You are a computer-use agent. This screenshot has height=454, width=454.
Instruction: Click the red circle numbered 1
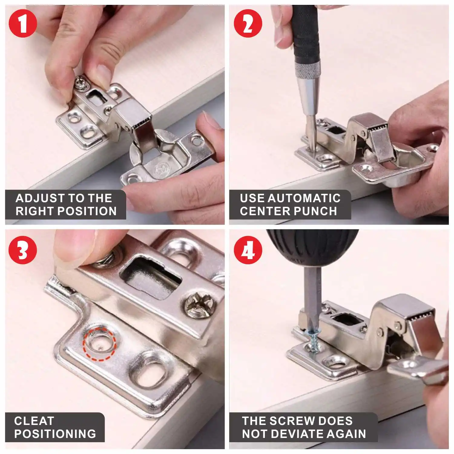(23, 23)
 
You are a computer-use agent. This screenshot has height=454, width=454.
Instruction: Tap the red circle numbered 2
(248, 23)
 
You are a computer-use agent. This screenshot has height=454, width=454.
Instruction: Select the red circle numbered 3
(23, 250)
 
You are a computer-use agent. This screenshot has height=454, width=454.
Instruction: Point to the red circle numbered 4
(248, 250)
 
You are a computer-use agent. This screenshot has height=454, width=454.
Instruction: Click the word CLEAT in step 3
(34, 421)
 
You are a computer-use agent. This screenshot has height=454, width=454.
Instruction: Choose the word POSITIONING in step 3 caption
(55, 434)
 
